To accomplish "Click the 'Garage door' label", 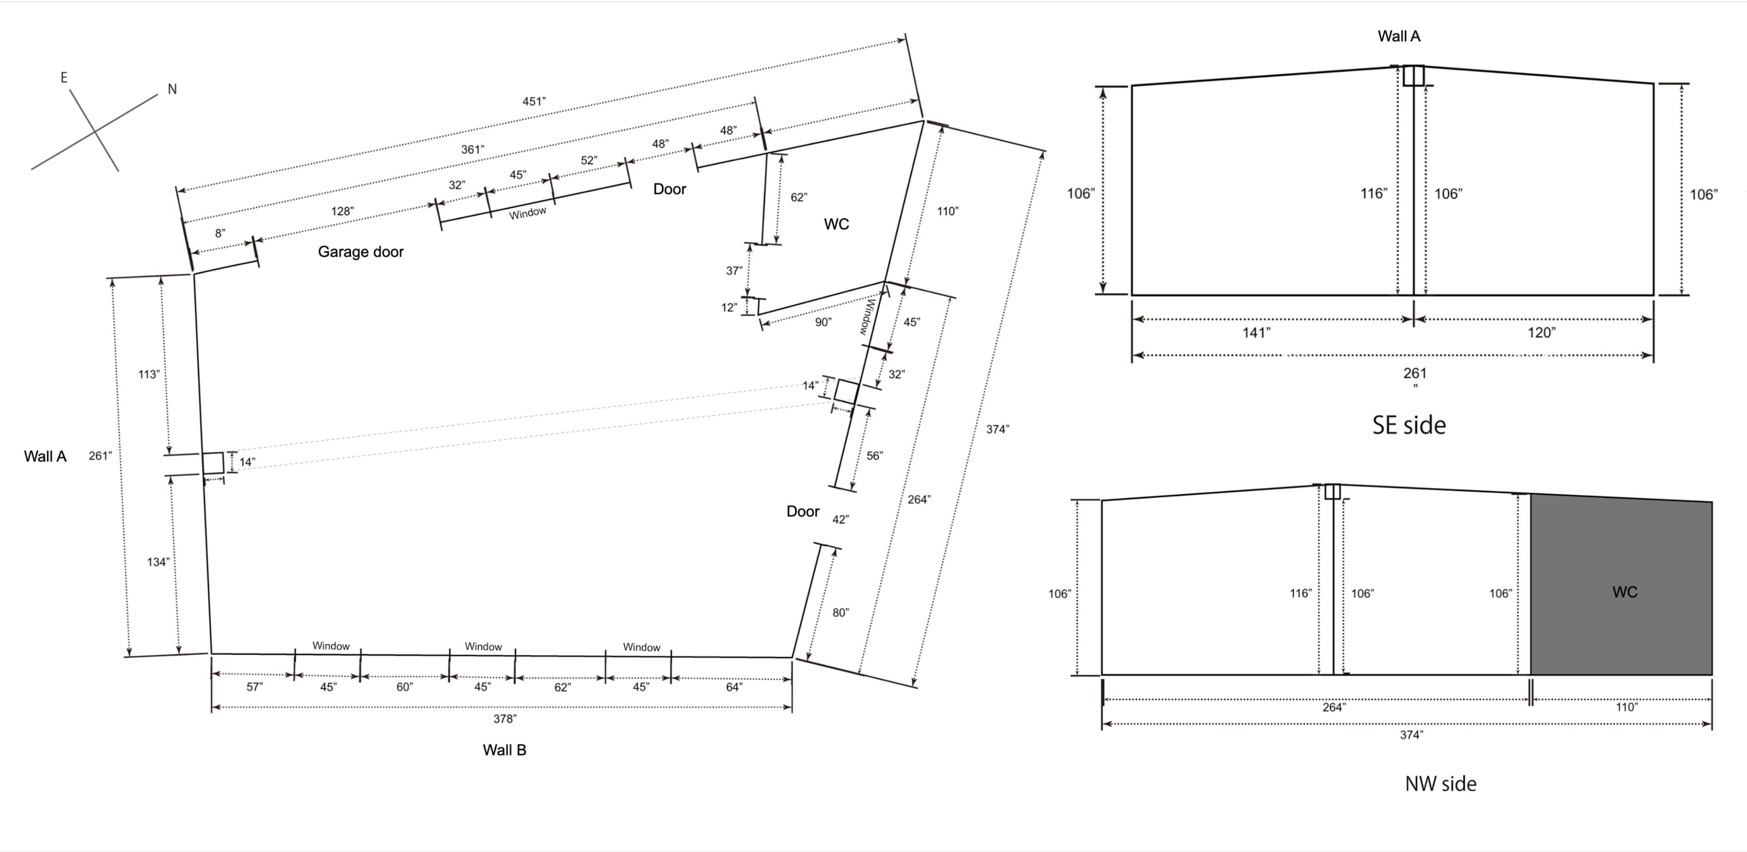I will tap(360, 252).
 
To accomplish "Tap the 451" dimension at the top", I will tap(534, 102).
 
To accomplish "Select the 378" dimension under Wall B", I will tap(505, 718).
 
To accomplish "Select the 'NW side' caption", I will tap(1440, 783).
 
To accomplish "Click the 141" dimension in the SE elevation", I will tap(1256, 333).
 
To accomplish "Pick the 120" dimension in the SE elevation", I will tap(1541, 333).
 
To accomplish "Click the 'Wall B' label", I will tap(504, 750).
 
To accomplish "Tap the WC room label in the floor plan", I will tap(836, 224).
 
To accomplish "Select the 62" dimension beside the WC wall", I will tap(798, 197).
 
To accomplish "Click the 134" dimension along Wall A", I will tap(157, 562).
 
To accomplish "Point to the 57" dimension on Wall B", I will tap(254, 687).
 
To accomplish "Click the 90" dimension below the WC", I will tap(823, 323).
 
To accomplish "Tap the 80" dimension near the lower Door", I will tap(840, 613).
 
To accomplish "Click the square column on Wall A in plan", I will tap(213, 463).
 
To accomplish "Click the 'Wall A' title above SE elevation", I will tap(1399, 37).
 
